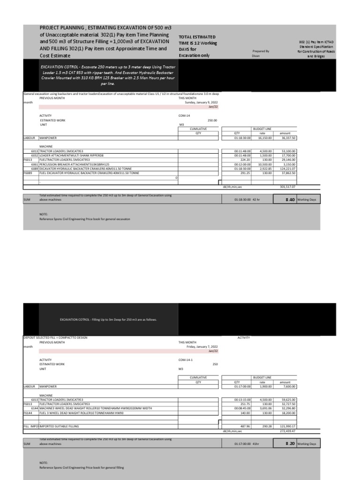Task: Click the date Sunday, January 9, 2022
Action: (202, 103)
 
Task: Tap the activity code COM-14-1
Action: (186, 360)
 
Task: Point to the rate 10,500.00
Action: (265, 165)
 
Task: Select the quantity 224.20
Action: (244, 159)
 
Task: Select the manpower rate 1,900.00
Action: (265, 387)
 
